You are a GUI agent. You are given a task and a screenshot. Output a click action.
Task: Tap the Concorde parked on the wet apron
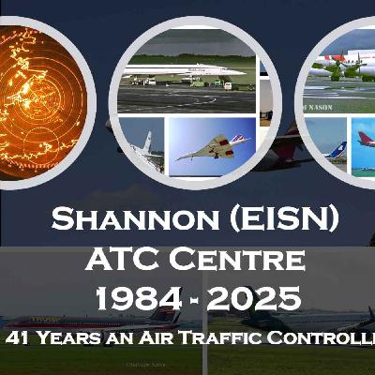(x=183, y=70)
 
